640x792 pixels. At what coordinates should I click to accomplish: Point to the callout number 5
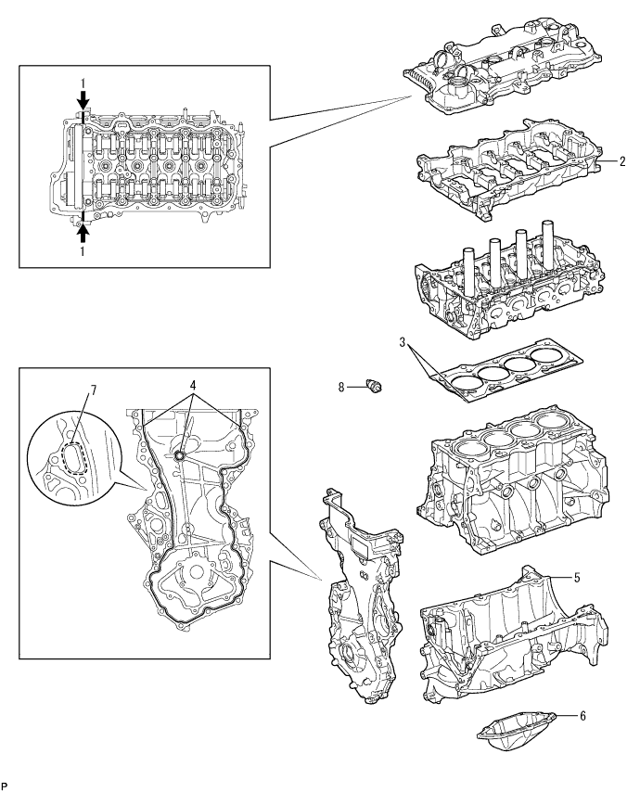tap(576, 577)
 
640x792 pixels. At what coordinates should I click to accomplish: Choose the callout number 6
tap(582, 715)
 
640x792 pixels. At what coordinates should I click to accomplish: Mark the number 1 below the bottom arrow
tap(83, 250)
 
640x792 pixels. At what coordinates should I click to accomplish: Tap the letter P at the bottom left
tap(5, 785)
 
